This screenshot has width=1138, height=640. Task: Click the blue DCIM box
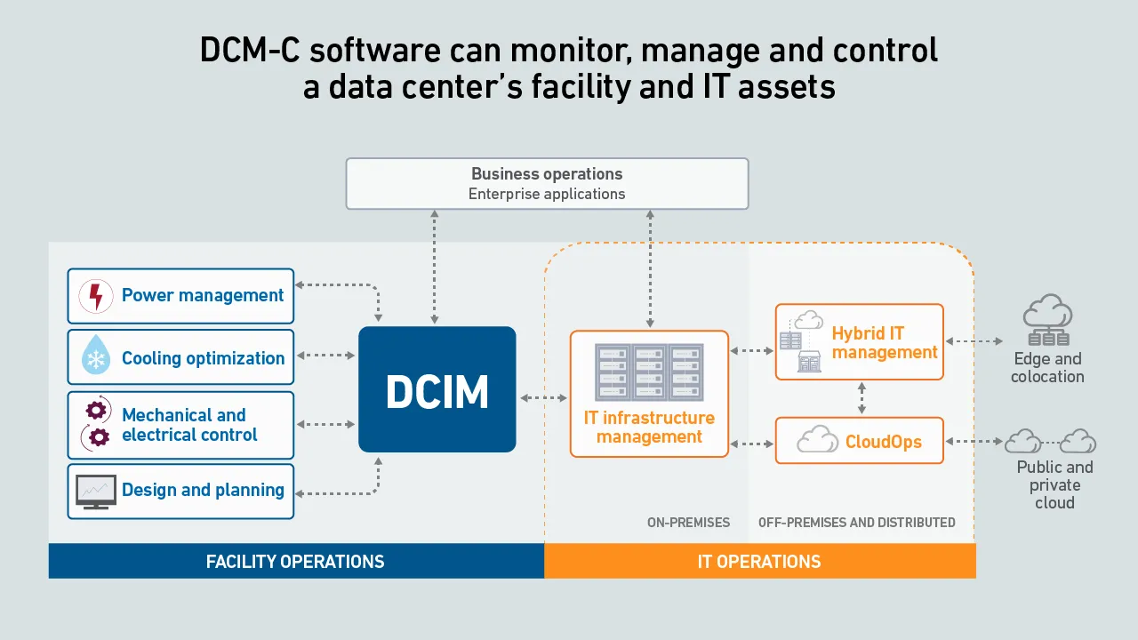click(437, 389)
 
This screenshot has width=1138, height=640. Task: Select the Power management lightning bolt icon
click(96, 296)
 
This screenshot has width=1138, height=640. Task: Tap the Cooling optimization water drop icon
click(95, 356)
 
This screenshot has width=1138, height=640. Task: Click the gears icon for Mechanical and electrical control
click(96, 423)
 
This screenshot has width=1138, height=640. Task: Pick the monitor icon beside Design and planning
click(95, 491)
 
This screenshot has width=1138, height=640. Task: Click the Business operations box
click(547, 183)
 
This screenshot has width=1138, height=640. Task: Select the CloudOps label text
click(883, 442)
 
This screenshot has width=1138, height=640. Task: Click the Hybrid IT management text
click(884, 342)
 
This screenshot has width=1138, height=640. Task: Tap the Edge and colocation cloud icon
click(1047, 320)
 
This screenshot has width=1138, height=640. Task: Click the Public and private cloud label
click(1054, 484)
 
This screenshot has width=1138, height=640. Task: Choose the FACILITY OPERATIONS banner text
click(295, 562)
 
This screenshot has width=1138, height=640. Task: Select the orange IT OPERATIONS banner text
click(759, 562)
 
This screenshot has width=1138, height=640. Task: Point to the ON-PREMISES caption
click(688, 523)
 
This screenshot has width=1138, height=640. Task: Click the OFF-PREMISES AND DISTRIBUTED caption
click(856, 523)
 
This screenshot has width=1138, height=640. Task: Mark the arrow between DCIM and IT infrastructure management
click(542, 397)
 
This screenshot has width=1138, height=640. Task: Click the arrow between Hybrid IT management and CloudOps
click(861, 397)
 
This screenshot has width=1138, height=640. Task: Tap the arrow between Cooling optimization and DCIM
click(325, 356)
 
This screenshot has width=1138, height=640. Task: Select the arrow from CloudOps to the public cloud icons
click(974, 441)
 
